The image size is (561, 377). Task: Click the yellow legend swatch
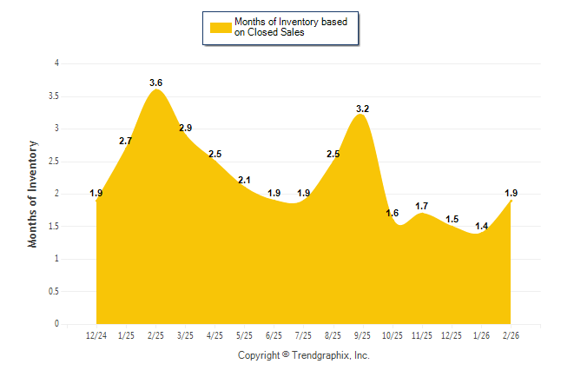pos(221,27)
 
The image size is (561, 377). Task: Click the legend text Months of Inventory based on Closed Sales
pos(291,27)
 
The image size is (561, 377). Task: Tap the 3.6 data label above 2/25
pos(155,83)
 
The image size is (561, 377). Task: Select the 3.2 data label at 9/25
pos(363,109)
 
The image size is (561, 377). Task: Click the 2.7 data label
pos(126,141)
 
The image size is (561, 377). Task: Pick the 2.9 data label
pos(185,128)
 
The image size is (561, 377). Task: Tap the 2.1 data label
pos(244,180)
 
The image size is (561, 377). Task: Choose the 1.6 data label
pos(393,213)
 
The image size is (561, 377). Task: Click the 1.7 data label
pos(422,206)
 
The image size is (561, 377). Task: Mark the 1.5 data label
pos(452,219)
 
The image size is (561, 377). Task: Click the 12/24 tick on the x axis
pos(96,335)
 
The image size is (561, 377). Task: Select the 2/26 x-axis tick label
pos(511,335)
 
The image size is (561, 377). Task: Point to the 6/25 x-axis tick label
pos(274,335)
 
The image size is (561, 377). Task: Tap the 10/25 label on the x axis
pos(393,335)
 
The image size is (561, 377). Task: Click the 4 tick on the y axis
pos(56,63)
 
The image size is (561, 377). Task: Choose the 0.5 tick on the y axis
pos(54,291)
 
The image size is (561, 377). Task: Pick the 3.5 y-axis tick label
pos(54,96)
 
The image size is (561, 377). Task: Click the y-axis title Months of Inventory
pos(33,193)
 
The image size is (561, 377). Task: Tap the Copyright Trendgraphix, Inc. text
pos(304,355)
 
